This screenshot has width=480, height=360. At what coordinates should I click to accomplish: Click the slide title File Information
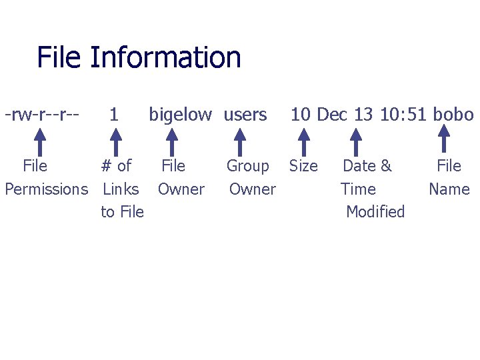[139, 58]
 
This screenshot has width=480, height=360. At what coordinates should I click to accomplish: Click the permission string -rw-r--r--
[42, 115]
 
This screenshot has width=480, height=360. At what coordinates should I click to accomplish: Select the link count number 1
[114, 115]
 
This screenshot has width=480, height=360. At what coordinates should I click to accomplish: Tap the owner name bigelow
[180, 115]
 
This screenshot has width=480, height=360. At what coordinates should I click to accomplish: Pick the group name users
[245, 115]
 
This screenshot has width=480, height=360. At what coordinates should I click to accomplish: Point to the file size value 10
[301, 115]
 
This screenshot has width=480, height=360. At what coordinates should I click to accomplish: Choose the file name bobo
[453, 115]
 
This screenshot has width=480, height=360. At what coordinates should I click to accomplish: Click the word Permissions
[46, 189]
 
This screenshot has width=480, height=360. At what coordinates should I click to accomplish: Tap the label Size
[303, 166]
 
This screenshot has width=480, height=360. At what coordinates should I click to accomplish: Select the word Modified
[375, 212]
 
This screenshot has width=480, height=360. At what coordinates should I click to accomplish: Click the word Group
[247, 166]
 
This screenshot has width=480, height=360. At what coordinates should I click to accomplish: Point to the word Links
[121, 189]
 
